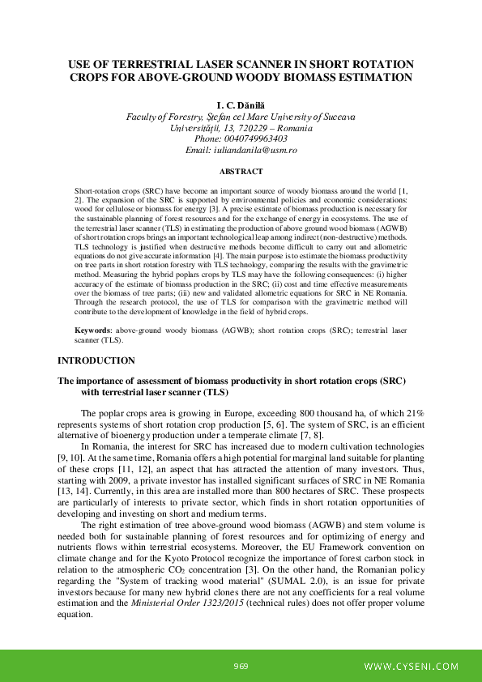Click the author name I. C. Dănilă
pyautogui.click(x=241, y=105)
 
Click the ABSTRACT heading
pyautogui.click(x=241, y=172)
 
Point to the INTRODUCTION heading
pyautogui.click(x=96, y=360)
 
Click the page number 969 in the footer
pyautogui.click(x=241, y=667)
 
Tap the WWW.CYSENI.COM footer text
pyautogui.click(x=412, y=667)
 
